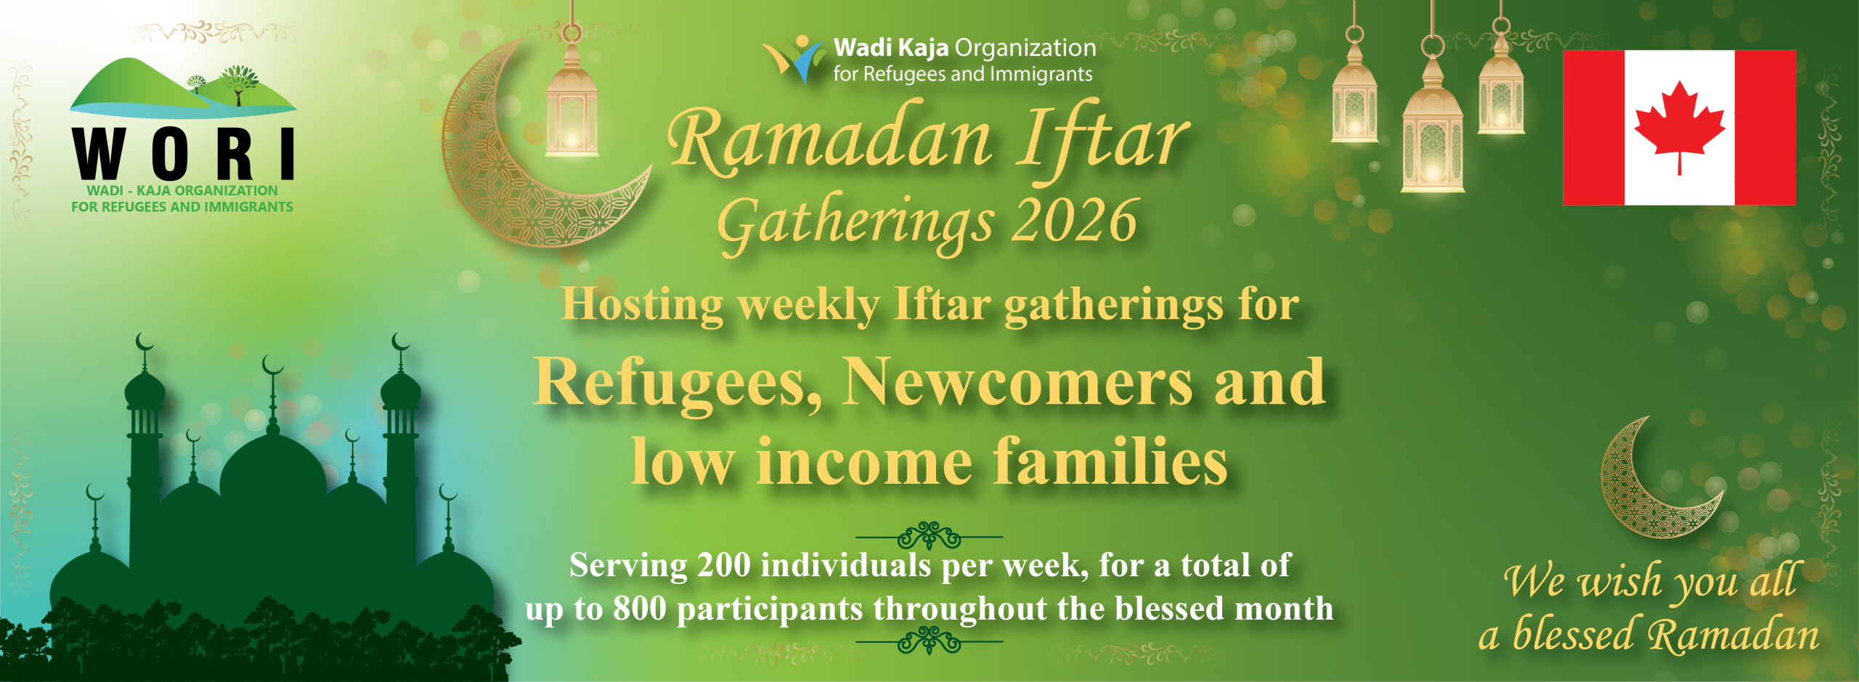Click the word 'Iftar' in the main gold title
tap(1102, 139)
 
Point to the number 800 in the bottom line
tap(639, 609)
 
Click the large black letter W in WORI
tap(101, 153)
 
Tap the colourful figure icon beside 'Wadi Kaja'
tap(794, 58)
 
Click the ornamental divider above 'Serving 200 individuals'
tap(929, 537)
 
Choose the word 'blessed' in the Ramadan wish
tap(1573, 634)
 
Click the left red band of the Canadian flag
tap(1593, 128)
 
